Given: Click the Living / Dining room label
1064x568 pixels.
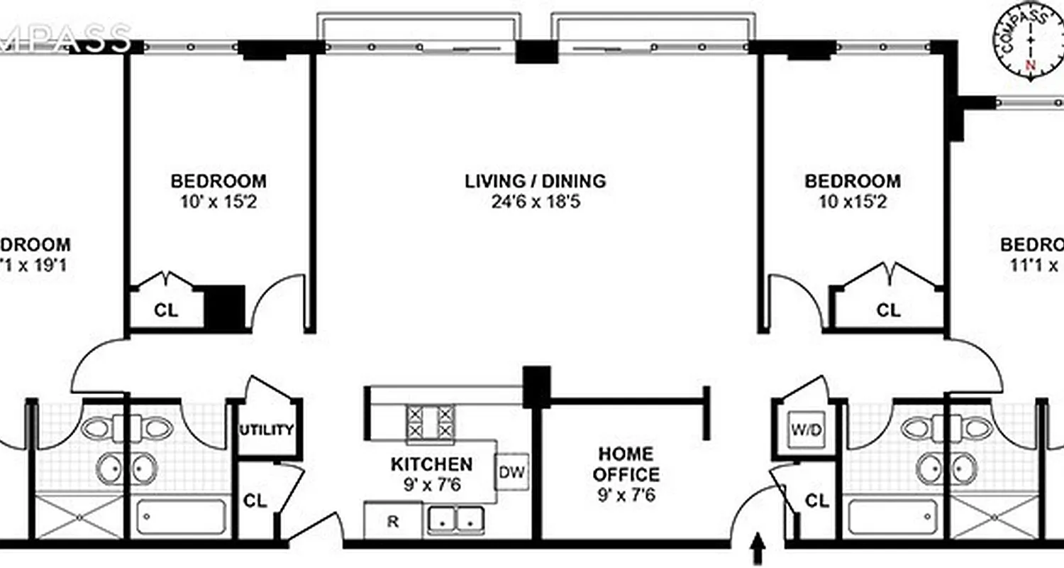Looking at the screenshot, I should point(536,181).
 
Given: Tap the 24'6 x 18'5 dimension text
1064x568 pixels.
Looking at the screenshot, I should point(536,202).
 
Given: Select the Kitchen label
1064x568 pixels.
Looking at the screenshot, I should point(431,464).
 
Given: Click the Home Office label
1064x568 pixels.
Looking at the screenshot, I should point(626,464).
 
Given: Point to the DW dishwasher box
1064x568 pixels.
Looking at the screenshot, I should point(511,472).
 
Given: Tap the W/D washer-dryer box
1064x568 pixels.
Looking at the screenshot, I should point(807,430).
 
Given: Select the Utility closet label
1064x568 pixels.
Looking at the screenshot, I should point(266,430).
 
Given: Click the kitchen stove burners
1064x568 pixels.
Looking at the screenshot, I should point(430,422).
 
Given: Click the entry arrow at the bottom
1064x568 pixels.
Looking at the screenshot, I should point(758,547).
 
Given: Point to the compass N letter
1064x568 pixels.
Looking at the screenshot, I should point(1031,65).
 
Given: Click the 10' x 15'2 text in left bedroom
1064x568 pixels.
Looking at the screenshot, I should point(218,202).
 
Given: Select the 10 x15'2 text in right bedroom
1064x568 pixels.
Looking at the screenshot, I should point(853,202).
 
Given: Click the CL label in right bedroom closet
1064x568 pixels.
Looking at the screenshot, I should point(888,310).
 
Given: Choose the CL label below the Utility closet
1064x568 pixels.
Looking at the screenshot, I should point(255,501).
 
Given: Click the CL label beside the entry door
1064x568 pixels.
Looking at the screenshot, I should point(817,501).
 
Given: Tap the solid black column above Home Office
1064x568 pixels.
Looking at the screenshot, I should point(536,386).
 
